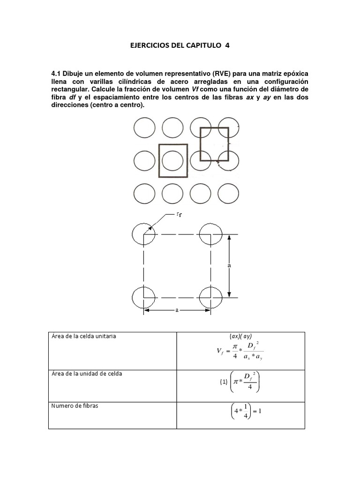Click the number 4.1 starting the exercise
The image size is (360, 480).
point(56,74)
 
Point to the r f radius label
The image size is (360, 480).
point(179,215)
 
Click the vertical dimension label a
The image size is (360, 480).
point(229,265)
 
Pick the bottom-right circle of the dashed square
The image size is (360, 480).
point(210,298)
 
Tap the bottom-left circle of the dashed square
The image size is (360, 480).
point(143,298)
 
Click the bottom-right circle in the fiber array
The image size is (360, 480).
point(228,193)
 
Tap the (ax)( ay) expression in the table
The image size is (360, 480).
point(241,337)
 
